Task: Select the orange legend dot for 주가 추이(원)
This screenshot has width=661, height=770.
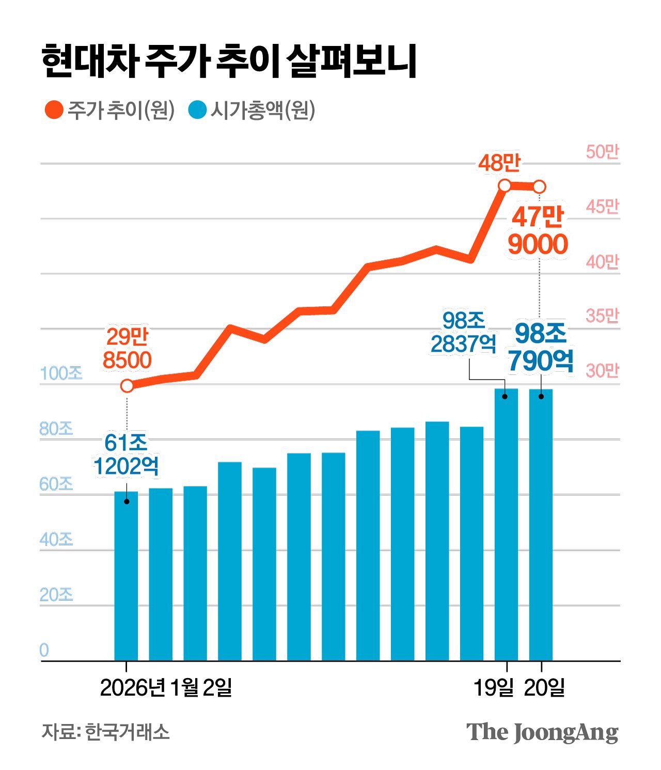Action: click(54, 109)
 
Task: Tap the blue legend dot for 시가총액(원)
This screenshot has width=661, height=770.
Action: click(197, 109)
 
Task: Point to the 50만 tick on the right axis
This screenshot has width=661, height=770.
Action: click(602, 152)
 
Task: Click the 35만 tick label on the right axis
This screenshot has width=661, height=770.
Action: click(602, 316)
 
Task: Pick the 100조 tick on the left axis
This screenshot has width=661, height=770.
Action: click(61, 373)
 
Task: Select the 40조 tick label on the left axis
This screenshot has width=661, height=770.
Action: click(56, 539)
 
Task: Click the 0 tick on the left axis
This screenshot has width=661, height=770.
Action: click(44, 650)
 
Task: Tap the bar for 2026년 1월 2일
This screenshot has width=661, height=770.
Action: click(126, 576)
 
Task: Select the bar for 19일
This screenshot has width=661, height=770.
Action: click(506, 524)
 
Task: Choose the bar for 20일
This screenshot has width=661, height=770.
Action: click(541, 524)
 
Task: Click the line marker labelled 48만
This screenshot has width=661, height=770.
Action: click(505, 185)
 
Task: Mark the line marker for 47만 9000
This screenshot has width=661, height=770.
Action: click(539, 186)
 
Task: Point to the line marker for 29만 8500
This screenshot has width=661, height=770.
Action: click(127, 386)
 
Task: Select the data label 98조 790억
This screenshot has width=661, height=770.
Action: click(541, 347)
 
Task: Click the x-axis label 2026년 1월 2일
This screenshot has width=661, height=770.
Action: click(166, 687)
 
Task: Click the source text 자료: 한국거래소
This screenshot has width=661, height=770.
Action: click(105, 732)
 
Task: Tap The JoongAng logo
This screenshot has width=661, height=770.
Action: click(542, 732)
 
